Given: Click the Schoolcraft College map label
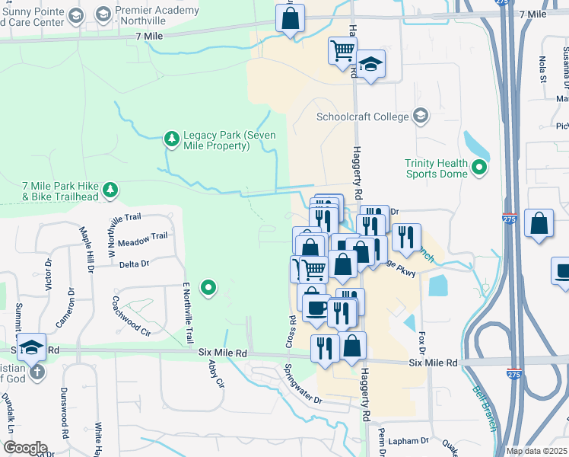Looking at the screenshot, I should click(x=362, y=117).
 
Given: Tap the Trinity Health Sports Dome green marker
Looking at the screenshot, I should click(x=479, y=168).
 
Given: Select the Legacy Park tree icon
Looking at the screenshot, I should click(x=171, y=139).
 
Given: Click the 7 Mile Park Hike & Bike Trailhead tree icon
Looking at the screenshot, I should click(x=111, y=189).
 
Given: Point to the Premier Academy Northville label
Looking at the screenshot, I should click(x=158, y=16).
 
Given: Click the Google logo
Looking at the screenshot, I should click(x=25, y=447).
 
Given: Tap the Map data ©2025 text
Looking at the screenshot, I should click(x=536, y=451).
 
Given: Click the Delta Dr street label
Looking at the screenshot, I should click(x=134, y=264).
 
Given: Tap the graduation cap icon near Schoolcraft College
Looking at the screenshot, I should click(x=371, y=66).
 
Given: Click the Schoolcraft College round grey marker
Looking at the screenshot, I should click(x=421, y=117).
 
